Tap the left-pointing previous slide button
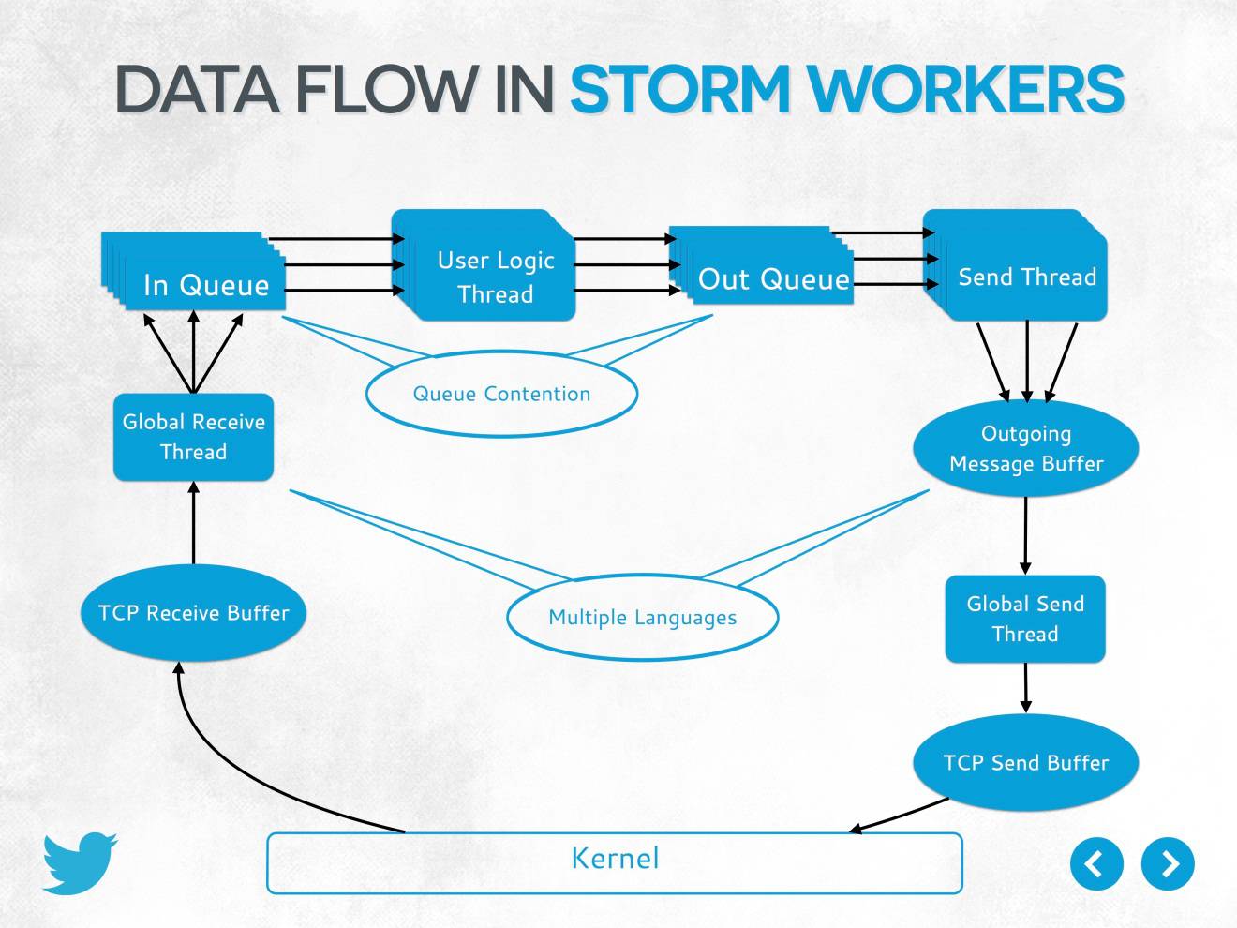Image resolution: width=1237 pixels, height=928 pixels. tap(1096, 863)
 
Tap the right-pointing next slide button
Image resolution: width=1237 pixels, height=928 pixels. tap(1168, 863)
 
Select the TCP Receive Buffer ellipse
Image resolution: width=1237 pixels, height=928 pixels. tap(194, 613)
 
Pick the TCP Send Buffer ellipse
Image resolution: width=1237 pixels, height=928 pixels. tap(1025, 763)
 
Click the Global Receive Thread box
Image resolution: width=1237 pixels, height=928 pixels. tap(194, 437)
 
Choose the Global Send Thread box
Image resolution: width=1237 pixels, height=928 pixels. tap(1025, 620)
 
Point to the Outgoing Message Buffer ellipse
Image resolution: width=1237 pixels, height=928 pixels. tap(1025, 448)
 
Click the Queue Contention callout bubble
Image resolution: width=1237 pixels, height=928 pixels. tap(501, 394)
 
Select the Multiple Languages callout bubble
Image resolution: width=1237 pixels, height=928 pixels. tap(642, 618)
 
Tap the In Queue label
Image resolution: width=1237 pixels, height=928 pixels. tap(206, 285)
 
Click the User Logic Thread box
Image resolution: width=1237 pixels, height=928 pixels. tap(495, 277)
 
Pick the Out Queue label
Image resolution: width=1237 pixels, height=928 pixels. tap(774, 279)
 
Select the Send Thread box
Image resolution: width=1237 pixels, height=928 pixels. tap(1027, 277)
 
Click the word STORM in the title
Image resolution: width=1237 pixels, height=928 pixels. tap(680, 90)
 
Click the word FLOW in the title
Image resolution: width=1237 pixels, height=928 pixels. tap(385, 90)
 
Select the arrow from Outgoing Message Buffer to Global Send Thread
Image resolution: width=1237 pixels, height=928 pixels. tap(1025, 535)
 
